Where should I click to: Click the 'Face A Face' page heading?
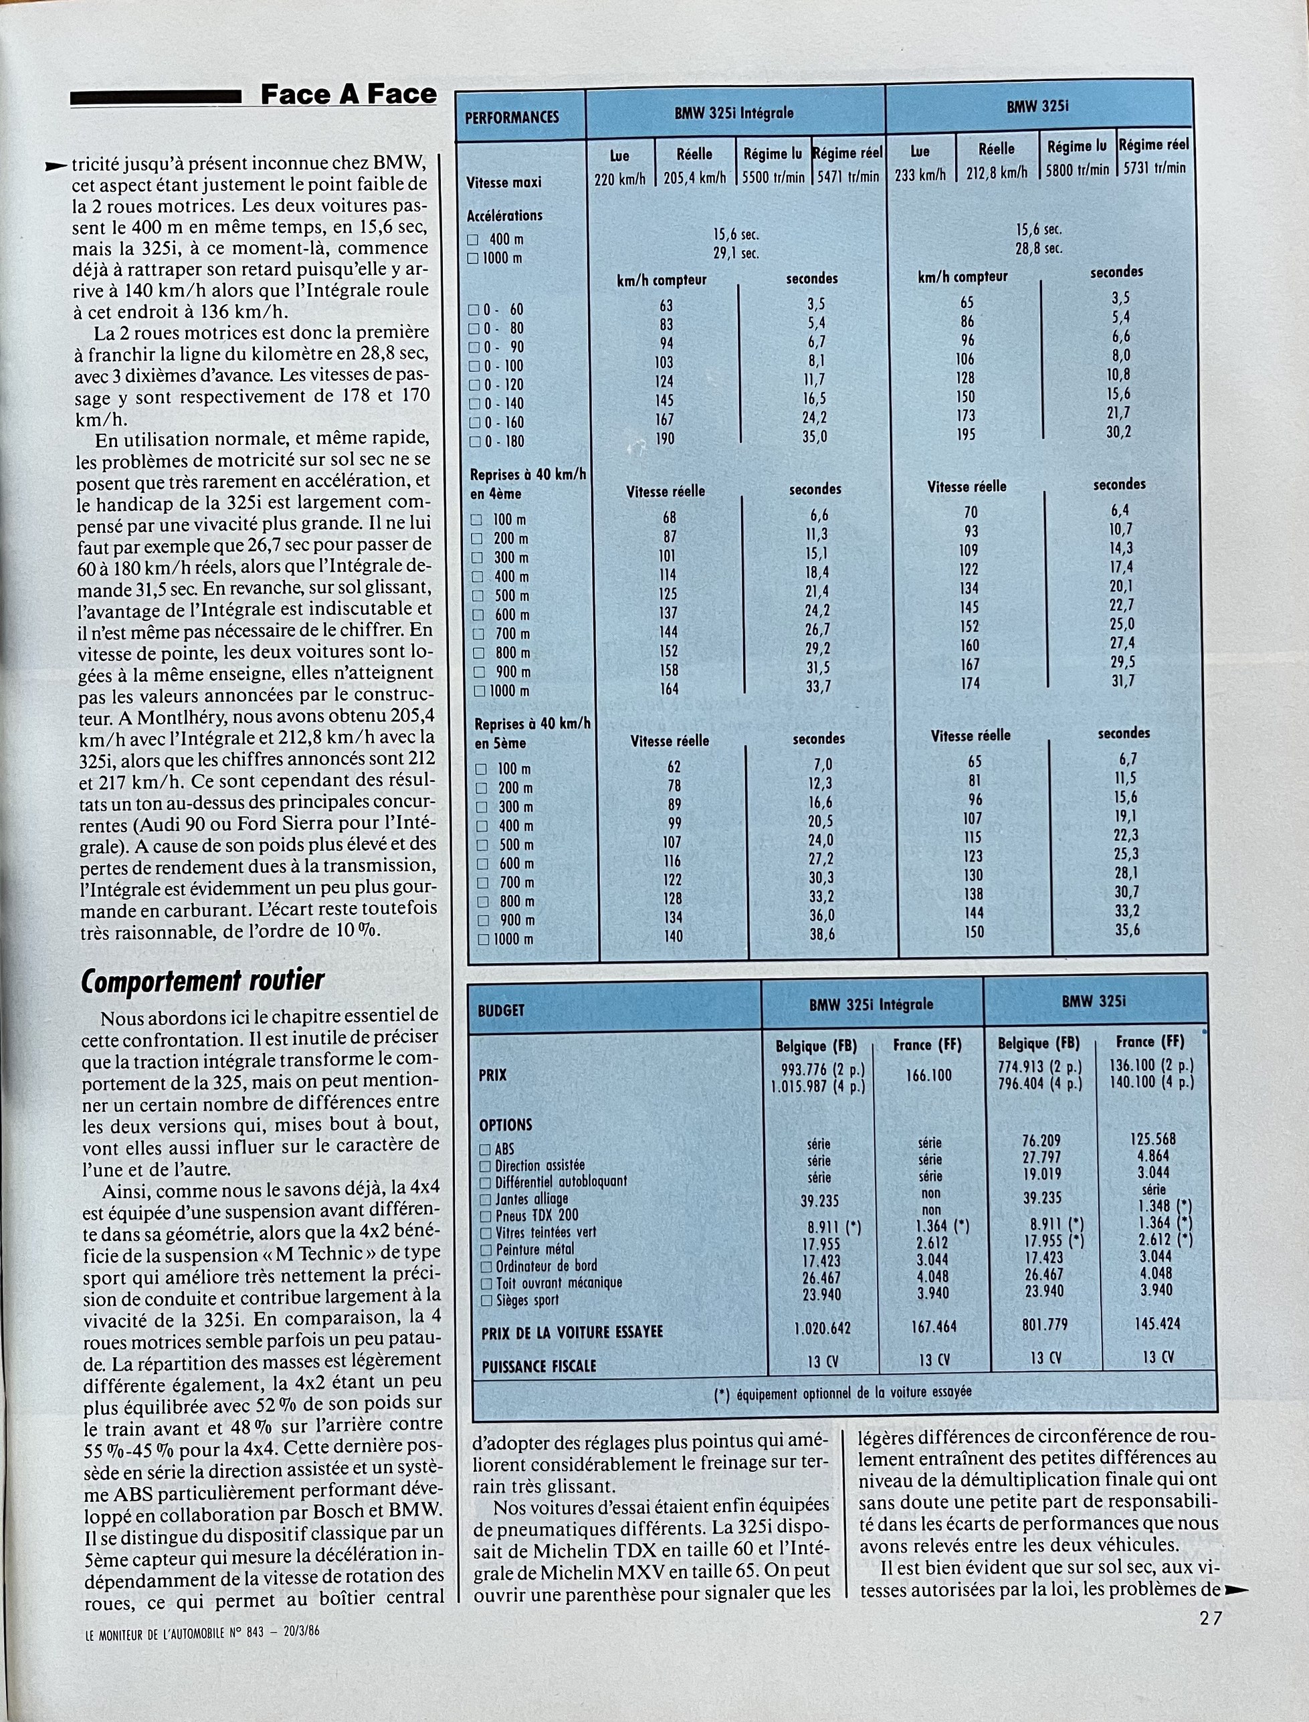click(348, 95)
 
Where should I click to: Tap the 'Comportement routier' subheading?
click(202, 980)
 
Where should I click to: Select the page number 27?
click(1210, 1618)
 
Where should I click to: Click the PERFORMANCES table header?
click(512, 118)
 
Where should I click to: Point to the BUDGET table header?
click(501, 1010)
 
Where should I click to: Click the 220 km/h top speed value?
click(619, 179)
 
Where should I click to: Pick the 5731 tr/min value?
click(1154, 167)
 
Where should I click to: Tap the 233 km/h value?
click(920, 175)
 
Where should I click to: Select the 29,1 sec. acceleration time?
click(736, 254)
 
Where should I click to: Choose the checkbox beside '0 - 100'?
click(474, 365)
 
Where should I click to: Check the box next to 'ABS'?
click(486, 1149)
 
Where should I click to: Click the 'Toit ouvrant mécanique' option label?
click(559, 1282)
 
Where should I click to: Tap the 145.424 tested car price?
click(1157, 1324)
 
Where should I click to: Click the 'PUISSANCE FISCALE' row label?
click(538, 1366)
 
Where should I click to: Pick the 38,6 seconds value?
click(821, 933)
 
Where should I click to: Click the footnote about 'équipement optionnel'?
click(842, 1391)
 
